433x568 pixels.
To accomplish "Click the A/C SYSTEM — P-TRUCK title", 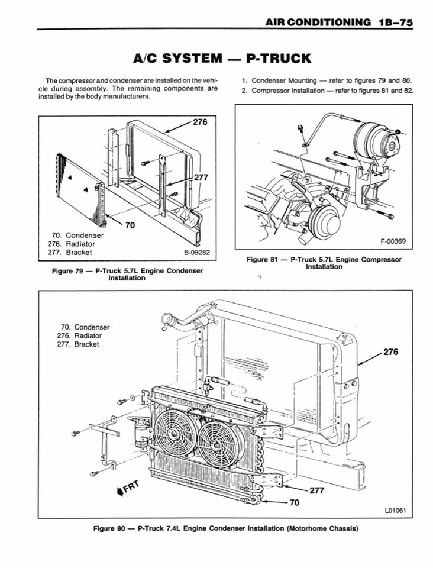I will point(222,58).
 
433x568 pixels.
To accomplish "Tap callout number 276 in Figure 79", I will point(201,122).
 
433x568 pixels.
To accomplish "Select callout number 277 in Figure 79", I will point(201,177).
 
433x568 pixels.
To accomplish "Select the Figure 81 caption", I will point(324,263).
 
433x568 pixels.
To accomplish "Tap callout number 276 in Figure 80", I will point(391,351).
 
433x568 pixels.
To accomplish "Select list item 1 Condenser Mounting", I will point(327,80).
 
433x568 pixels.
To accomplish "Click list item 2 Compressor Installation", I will point(327,91).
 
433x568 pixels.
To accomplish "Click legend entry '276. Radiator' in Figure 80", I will point(80,335).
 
